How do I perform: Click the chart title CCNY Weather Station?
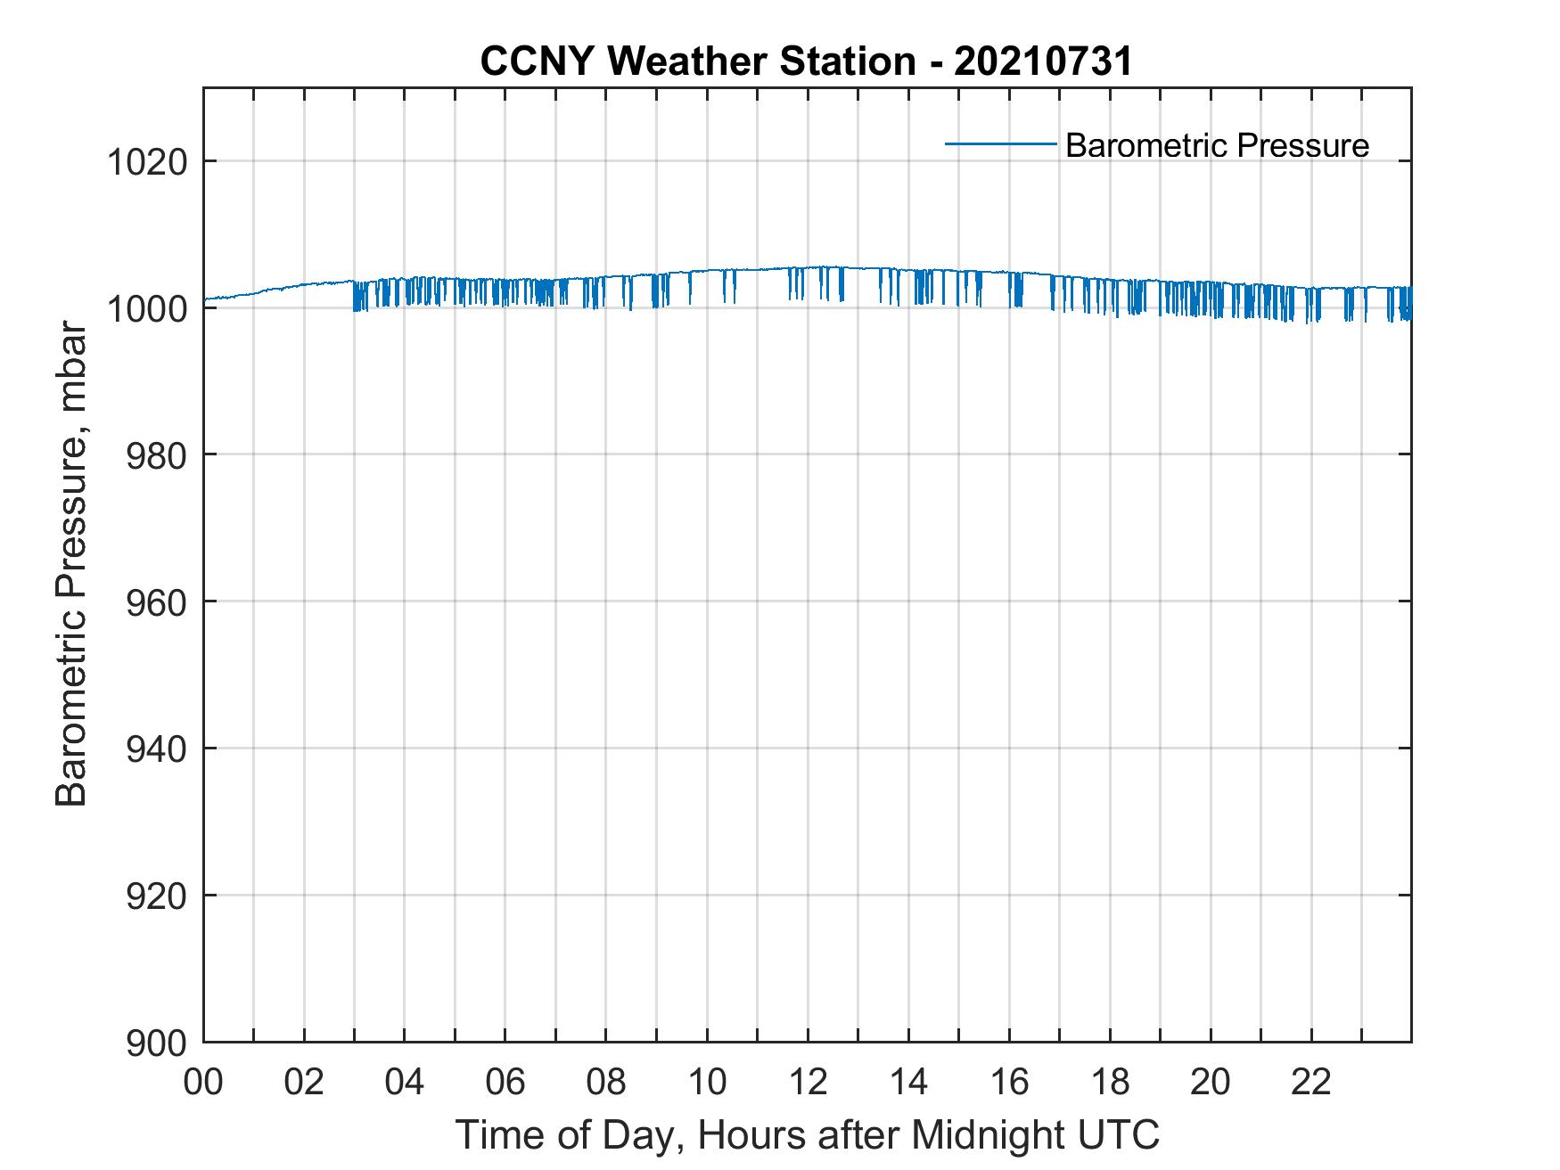[697, 61]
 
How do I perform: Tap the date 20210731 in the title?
[1043, 61]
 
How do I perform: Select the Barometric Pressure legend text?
[1217, 145]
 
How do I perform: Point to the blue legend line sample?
[1001, 143]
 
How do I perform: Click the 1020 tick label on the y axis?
[147, 163]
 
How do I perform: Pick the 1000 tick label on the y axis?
[147, 309]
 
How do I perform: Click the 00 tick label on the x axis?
[203, 1083]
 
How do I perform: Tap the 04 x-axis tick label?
[405, 1083]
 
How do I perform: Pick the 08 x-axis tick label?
[606, 1083]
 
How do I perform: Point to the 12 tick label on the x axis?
[808, 1083]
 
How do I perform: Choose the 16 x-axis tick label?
[1009, 1083]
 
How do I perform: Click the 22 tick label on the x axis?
[1311, 1083]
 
